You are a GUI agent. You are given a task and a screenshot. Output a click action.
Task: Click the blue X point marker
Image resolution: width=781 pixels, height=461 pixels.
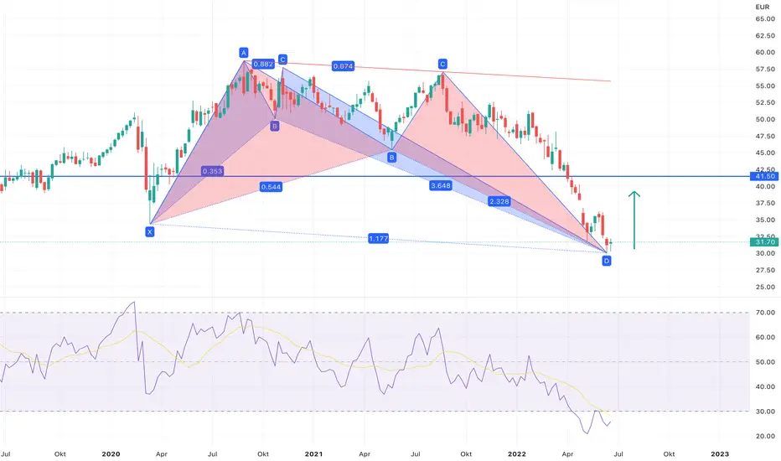point(149,231)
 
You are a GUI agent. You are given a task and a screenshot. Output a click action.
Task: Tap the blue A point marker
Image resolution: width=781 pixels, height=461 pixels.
point(244,53)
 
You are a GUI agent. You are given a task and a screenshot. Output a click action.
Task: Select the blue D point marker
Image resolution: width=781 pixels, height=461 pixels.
point(607,262)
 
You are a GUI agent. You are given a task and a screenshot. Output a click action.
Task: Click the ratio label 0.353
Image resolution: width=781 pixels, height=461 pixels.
point(213,171)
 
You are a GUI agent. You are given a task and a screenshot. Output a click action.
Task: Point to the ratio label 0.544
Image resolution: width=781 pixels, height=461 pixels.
point(271,187)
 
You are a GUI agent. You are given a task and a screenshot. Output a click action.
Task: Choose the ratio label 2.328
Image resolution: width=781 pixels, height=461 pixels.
point(499,202)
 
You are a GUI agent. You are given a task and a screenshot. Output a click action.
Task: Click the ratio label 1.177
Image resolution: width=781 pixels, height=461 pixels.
point(379,239)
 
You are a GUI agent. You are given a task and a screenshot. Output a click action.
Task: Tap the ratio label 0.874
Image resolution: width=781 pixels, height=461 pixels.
point(342,65)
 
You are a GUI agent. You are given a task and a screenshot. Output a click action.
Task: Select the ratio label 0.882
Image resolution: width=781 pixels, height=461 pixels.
point(261,64)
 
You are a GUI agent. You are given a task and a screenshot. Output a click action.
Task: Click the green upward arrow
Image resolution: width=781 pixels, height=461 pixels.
point(635,220)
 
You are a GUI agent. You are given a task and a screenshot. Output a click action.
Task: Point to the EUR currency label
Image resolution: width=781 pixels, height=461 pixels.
point(763,6)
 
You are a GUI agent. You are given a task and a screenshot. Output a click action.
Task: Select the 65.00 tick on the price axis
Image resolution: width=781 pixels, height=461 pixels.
point(764,18)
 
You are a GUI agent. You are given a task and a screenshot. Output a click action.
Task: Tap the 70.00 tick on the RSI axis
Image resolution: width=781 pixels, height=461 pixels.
point(764,313)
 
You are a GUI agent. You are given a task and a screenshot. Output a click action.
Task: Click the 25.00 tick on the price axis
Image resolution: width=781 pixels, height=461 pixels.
point(764,287)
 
